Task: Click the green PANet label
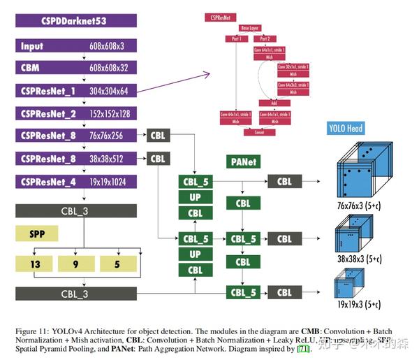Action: [x=244, y=161]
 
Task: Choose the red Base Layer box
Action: [x=249, y=28]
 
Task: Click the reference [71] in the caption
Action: [x=303, y=348]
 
